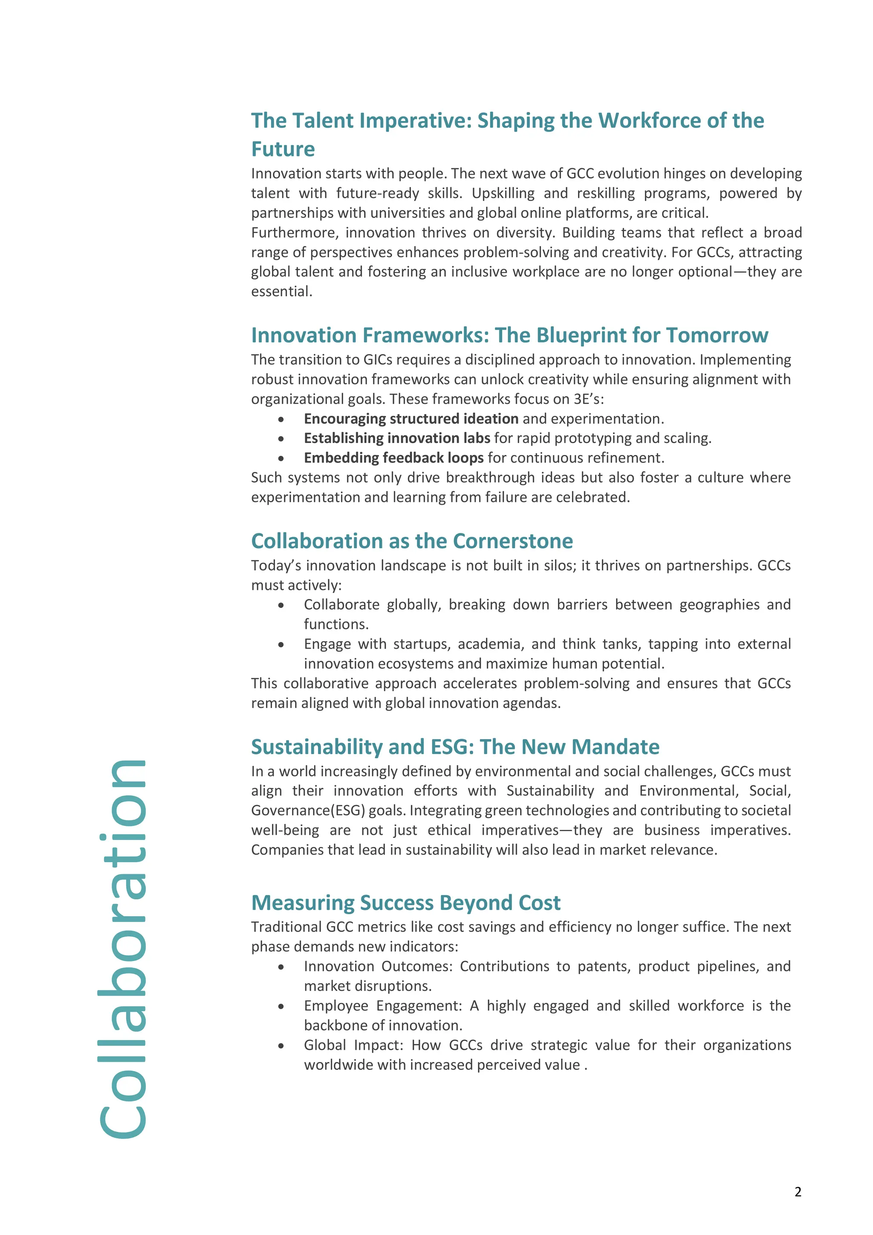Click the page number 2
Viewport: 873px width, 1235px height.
point(798,1192)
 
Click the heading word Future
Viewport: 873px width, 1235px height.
point(283,149)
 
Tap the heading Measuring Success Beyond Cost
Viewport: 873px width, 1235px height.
point(406,903)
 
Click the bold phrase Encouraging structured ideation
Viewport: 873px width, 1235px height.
point(410,418)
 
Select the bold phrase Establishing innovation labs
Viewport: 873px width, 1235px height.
point(397,438)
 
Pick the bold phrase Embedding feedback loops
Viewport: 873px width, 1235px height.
point(393,458)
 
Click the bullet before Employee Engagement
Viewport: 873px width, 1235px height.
point(281,1006)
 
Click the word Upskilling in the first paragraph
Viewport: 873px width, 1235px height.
point(503,193)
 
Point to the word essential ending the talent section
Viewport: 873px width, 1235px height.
point(281,291)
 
